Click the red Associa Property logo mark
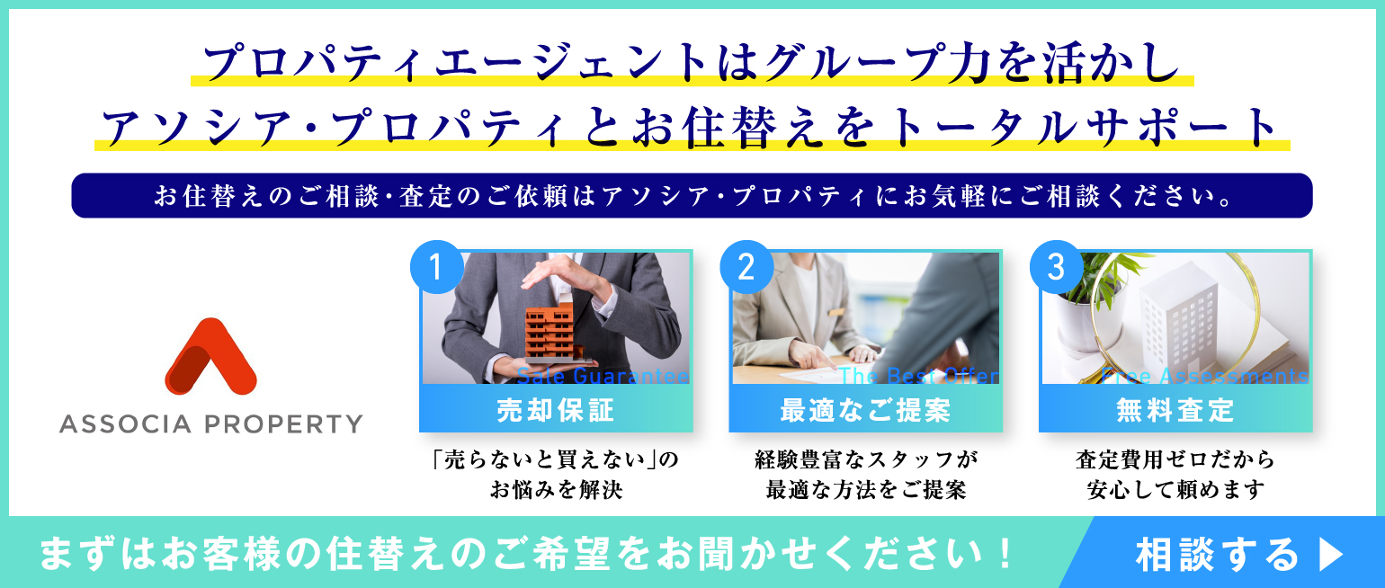(x=210, y=357)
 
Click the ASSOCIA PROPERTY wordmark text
(x=210, y=424)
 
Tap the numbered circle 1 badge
(x=436, y=267)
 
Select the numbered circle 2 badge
(x=746, y=267)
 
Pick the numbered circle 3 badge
(x=1056, y=267)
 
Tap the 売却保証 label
(x=556, y=410)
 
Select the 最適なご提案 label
(x=865, y=410)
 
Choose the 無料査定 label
(x=1175, y=410)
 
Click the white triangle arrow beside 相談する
(x=1331, y=554)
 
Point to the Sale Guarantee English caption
(x=603, y=375)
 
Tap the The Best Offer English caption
(x=919, y=375)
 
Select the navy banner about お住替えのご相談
(x=692, y=195)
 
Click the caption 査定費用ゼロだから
(x=1175, y=459)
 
